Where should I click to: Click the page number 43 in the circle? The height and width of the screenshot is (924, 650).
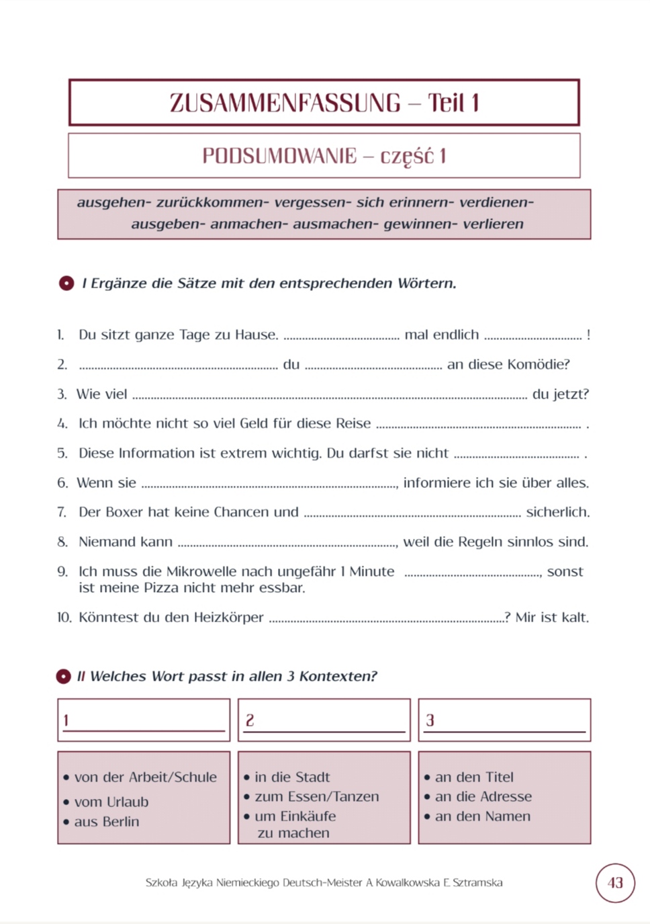pos(615,882)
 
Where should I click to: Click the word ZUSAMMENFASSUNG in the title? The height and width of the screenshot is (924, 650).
pos(285,103)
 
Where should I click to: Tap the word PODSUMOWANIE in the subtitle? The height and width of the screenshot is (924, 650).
pos(279,156)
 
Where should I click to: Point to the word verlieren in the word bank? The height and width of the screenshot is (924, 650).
pos(493,224)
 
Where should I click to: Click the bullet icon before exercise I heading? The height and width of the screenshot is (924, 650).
pos(66,284)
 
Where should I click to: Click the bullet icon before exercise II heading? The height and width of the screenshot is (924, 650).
pos(64,676)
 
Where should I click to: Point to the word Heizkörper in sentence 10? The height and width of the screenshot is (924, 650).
pos(228,617)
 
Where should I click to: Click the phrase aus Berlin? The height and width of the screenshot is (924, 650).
pos(107,821)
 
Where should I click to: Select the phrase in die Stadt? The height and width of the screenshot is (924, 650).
pos(292,777)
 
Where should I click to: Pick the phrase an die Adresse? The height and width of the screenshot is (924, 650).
pos(483,796)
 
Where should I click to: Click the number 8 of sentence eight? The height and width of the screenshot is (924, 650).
pos(62,542)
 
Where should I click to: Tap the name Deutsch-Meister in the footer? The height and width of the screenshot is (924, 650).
pos(322,882)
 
